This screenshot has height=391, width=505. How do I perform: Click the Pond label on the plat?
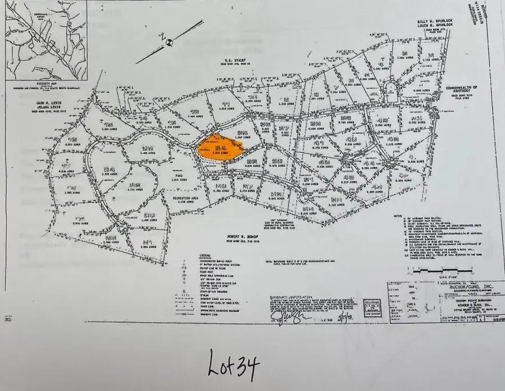pos(173,179)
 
